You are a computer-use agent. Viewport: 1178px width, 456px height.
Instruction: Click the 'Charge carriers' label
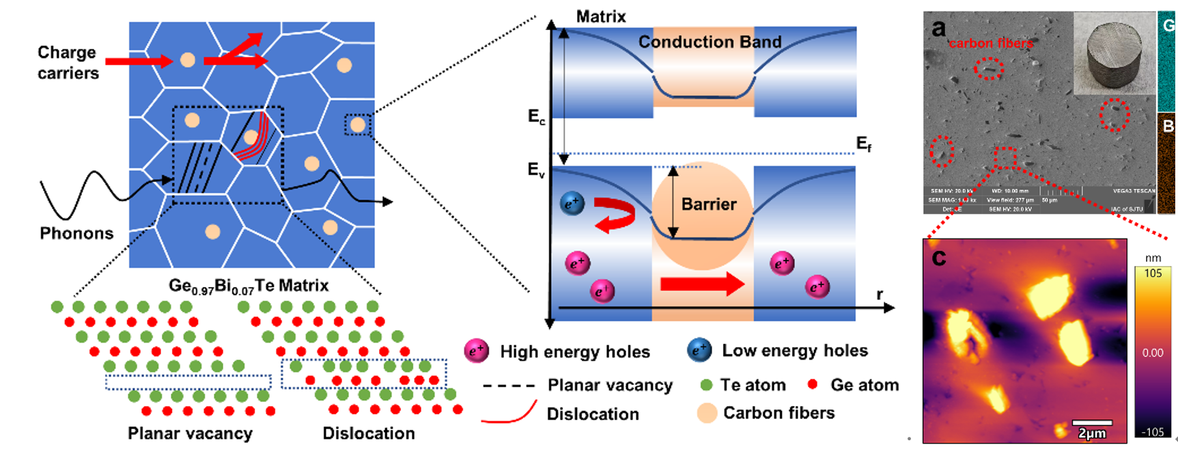tap(68, 63)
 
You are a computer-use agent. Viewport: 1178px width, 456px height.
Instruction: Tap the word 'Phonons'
tap(76, 233)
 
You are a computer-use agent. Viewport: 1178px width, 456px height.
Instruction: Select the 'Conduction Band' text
tap(710, 42)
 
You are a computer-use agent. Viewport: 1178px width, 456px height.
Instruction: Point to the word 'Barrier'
tap(709, 204)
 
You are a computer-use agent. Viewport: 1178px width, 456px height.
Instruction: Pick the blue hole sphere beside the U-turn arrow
tap(572, 203)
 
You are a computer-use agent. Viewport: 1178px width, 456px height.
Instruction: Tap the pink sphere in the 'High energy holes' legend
tap(476, 351)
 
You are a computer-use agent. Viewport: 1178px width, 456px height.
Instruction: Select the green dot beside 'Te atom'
tap(706, 386)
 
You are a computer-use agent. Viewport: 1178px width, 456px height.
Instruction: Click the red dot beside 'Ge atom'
tap(813, 384)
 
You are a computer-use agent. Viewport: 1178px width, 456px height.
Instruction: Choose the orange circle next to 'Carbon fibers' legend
tap(707, 413)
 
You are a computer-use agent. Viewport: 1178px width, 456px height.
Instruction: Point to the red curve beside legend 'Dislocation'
tap(508, 413)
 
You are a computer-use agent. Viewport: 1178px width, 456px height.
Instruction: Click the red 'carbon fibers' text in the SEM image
tap(990, 43)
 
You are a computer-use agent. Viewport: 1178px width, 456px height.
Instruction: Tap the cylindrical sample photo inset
tap(1114, 54)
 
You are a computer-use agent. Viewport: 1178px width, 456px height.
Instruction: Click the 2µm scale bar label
tap(1091, 433)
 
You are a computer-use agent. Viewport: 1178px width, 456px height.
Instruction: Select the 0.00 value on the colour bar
tap(1153, 353)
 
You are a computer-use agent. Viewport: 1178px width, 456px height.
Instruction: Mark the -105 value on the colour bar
tap(1153, 431)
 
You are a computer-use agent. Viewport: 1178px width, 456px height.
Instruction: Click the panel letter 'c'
tap(939, 257)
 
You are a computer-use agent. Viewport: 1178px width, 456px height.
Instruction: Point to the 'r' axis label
tap(880, 295)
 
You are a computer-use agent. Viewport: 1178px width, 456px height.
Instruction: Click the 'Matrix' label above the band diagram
tap(601, 16)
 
